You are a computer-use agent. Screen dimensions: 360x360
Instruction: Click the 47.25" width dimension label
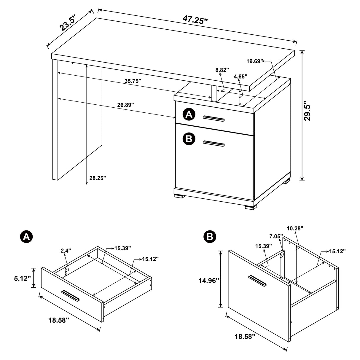coord(195,19)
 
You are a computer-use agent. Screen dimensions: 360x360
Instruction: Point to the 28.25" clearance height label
coord(97,178)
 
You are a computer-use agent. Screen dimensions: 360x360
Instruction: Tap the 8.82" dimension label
coord(222,70)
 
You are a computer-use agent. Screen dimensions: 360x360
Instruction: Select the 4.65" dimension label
coord(240,77)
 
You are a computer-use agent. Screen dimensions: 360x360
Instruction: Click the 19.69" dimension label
coord(255,61)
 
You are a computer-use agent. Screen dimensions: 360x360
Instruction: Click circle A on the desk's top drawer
coord(189,114)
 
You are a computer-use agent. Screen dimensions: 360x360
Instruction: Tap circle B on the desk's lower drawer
coord(189,138)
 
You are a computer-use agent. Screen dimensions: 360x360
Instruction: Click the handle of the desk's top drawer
coord(214,119)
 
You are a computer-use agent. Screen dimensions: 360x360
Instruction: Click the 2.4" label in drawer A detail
coord(66,251)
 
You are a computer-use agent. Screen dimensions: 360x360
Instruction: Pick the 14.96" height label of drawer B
coord(209,280)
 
